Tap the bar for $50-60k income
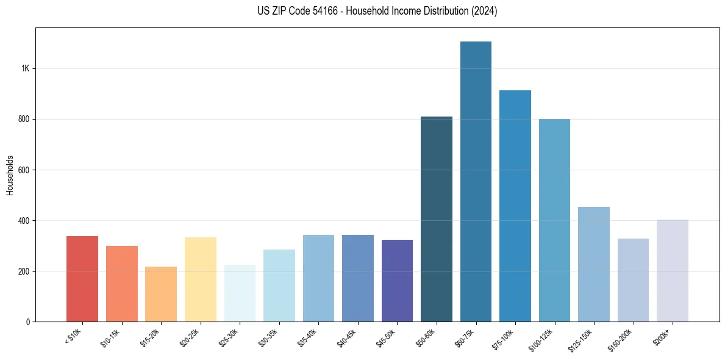(437, 219)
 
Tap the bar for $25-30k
(240, 293)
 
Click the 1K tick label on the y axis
(26, 68)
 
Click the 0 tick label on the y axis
(28, 322)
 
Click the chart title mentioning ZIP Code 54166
(377, 11)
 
